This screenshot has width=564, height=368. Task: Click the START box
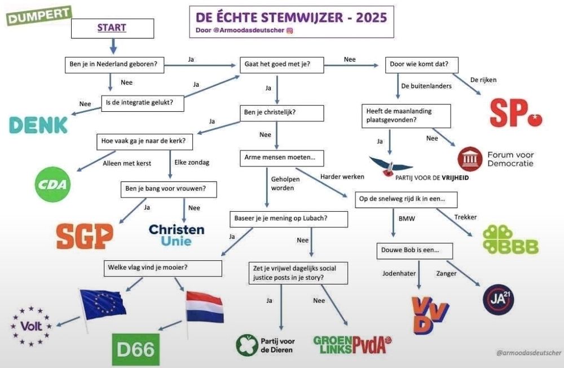(x=113, y=28)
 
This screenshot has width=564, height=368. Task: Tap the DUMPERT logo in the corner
(x=39, y=15)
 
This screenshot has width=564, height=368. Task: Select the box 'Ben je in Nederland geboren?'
(x=114, y=65)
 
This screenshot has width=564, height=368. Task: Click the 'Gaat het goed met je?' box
(x=281, y=65)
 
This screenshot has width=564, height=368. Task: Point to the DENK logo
(x=38, y=125)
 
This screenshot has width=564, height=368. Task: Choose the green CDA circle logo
(x=52, y=185)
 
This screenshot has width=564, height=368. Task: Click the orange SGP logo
(x=85, y=236)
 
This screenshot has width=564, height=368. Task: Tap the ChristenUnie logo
(x=177, y=235)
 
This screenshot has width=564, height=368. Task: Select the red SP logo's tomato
(x=535, y=119)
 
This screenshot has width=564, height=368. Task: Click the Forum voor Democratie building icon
(x=470, y=159)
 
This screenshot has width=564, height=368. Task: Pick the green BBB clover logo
(x=510, y=239)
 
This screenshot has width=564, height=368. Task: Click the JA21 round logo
(x=498, y=300)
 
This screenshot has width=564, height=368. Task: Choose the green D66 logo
(x=135, y=349)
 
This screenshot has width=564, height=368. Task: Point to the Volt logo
(x=31, y=326)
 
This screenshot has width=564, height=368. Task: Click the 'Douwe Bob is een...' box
(x=415, y=251)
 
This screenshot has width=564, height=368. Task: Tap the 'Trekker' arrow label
(x=465, y=217)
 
